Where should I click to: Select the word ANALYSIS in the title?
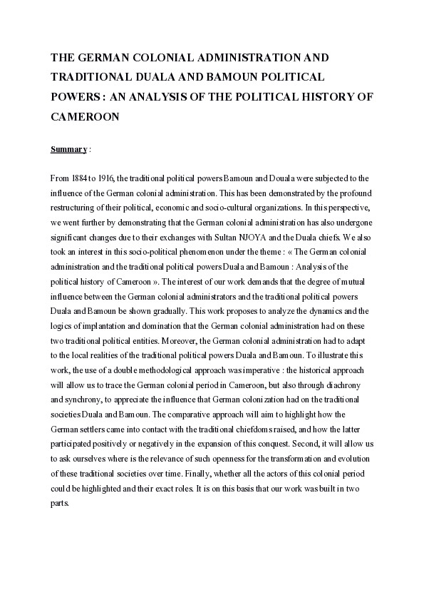tap(157, 96)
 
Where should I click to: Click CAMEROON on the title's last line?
tap(84, 115)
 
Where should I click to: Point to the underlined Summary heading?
tap(68, 149)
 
